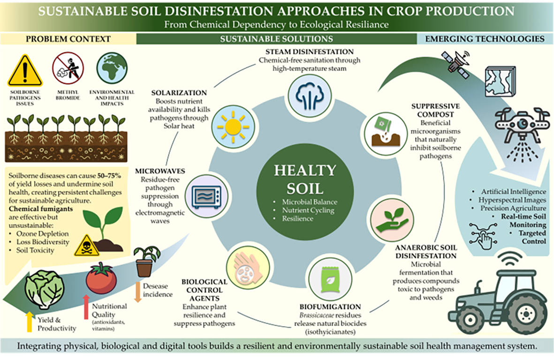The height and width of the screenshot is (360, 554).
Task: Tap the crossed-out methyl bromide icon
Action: pyautogui.click(x=68, y=68)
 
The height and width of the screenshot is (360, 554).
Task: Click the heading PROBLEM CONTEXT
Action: pyautogui.click(x=68, y=39)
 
